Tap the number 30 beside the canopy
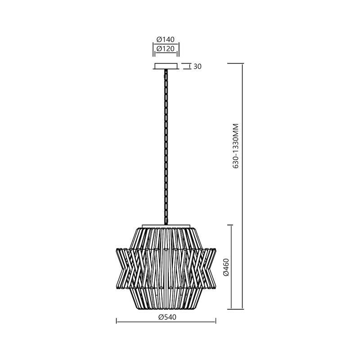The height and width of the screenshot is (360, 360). [197, 67]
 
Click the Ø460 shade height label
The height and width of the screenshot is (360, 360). [226, 267]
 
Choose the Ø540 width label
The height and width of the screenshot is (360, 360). [166, 317]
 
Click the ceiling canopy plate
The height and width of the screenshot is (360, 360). [166, 67]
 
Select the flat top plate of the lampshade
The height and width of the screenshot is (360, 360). [166, 226]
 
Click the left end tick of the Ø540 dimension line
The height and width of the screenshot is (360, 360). [117, 321]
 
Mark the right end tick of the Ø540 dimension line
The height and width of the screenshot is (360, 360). [216, 321]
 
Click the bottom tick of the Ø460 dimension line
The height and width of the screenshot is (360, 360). [231, 309]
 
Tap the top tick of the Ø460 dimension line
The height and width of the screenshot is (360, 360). [231, 225]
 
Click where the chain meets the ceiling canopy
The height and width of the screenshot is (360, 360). [166, 71]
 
